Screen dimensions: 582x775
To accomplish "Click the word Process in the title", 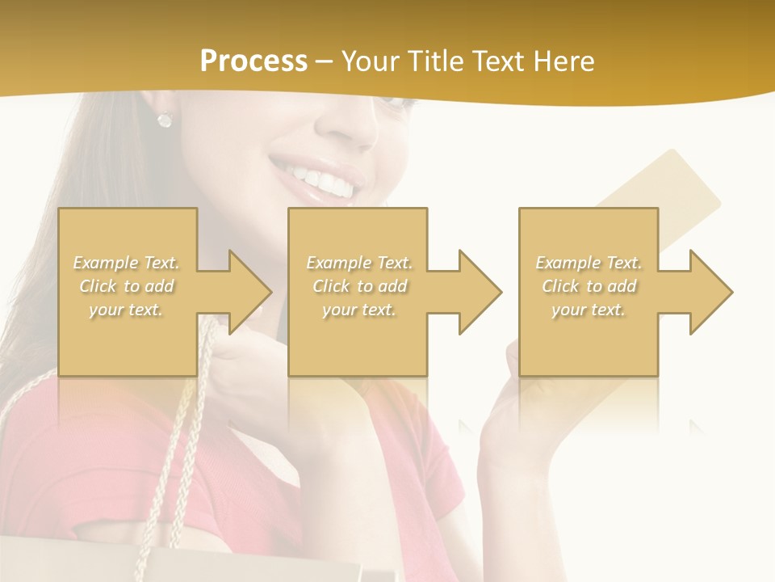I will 253,61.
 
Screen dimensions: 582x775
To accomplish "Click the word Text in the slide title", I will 499,61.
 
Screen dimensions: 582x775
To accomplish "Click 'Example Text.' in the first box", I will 126,263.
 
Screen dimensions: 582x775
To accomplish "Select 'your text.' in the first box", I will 126,310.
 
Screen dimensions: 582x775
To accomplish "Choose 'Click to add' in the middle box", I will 358,286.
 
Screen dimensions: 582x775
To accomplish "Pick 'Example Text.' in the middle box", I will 358,263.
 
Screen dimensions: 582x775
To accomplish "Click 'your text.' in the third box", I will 589,310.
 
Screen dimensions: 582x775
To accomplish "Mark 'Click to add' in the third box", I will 589,286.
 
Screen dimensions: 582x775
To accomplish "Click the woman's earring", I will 165,120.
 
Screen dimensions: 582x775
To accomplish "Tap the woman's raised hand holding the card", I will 517,420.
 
